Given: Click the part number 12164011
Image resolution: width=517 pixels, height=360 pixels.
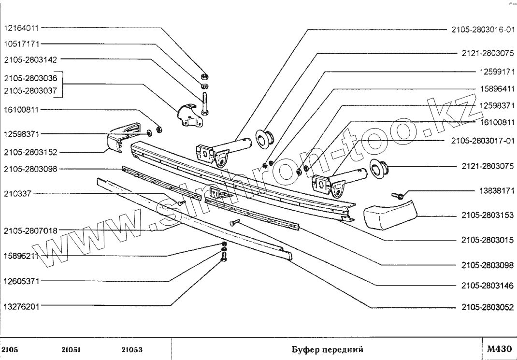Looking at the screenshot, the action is tap(21, 28).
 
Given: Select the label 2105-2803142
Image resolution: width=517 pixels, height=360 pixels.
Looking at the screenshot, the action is tap(30, 59).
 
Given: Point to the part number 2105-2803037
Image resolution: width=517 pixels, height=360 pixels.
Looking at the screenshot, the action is tap(30, 90).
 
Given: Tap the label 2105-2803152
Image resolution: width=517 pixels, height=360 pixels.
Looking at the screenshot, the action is tap(30, 152).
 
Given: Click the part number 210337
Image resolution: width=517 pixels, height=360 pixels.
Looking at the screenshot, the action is tap(17, 193).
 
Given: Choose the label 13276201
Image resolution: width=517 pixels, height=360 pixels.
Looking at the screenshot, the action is tap(21, 306).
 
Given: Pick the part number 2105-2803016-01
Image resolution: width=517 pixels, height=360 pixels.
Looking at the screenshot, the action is tap(483, 29).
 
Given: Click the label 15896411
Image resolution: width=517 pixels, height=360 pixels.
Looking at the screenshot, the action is tap(497, 89).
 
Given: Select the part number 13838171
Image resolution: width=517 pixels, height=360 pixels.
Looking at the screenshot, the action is tap(497, 191).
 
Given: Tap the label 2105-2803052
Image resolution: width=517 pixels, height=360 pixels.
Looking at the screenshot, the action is tap(488, 308).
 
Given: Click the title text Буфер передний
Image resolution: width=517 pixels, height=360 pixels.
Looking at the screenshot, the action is tap(328, 349).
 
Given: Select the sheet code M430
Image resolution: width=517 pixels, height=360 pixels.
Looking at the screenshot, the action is tap(499, 349).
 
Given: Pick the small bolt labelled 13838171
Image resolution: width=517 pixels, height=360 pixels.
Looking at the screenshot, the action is tap(397, 196).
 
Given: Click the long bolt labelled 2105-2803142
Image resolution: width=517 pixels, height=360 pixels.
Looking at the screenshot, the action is tap(205, 103).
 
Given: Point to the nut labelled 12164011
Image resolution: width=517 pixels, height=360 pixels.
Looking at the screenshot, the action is tap(204, 77).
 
